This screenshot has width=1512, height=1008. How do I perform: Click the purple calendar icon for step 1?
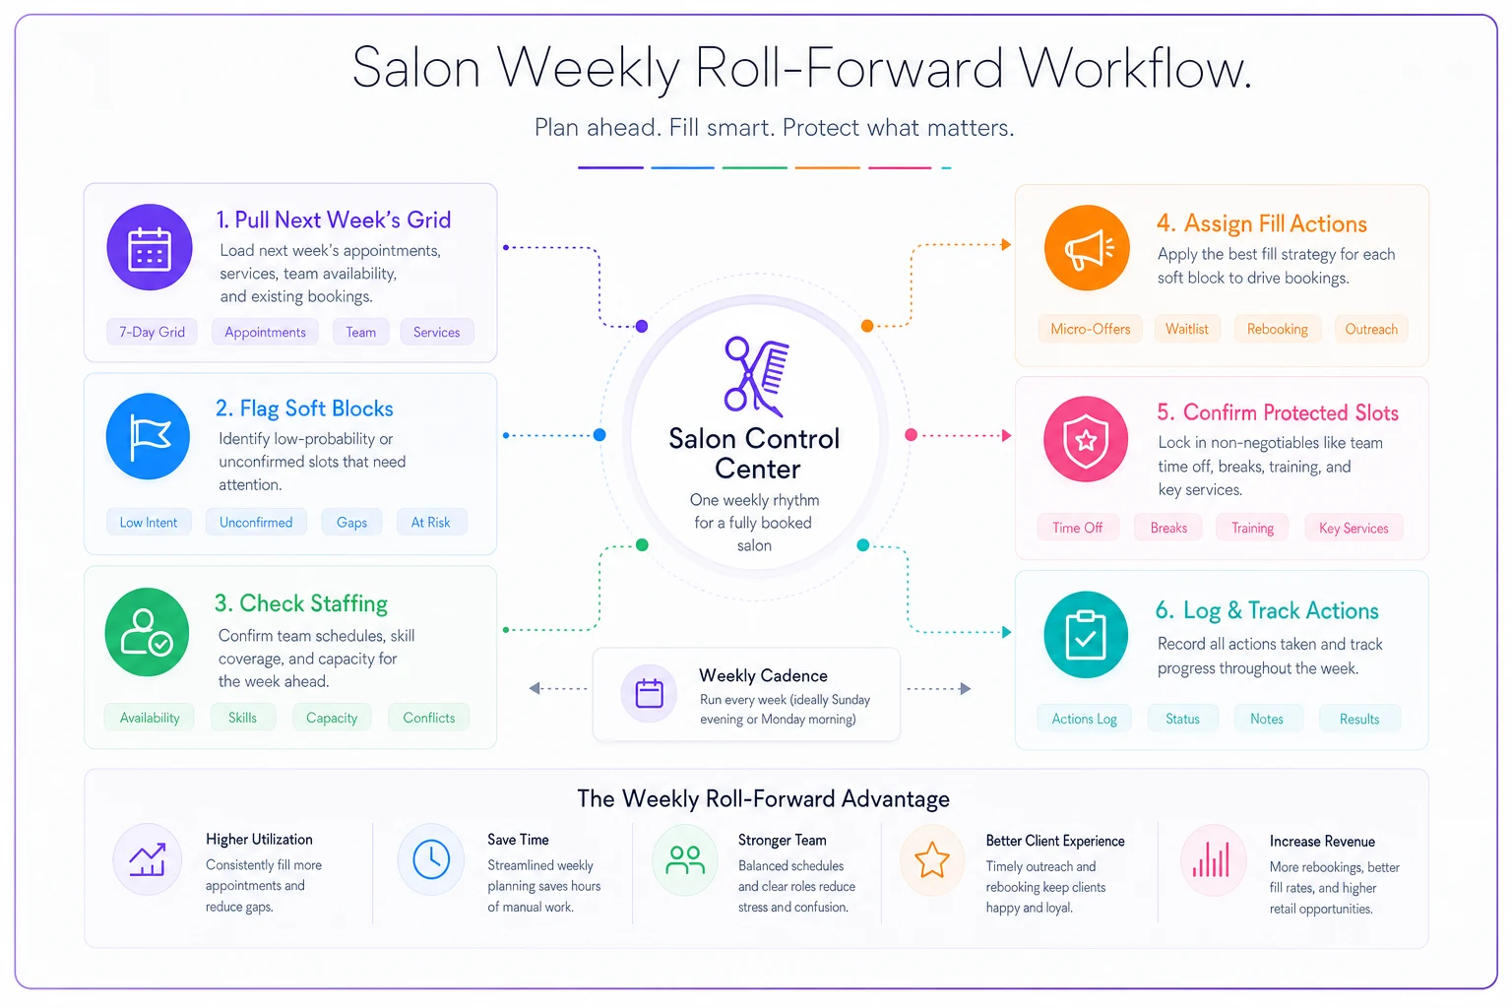coord(150,247)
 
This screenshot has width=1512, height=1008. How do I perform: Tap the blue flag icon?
coord(148,436)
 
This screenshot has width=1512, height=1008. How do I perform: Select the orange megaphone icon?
coord(1087,248)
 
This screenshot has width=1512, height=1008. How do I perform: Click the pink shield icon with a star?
coord(1086,439)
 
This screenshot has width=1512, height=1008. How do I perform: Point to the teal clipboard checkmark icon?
coord(1086,635)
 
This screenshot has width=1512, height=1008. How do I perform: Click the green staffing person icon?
coord(147,632)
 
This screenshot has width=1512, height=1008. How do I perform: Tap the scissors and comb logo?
coord(756,375)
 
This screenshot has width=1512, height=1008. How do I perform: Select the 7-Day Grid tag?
coord(152,332)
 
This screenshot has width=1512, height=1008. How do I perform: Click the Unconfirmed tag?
coord(256,523)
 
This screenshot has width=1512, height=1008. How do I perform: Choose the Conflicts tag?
coord(428,718)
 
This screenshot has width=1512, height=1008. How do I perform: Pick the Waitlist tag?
coord(1186,329)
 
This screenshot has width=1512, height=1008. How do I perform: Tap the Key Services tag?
coord(1354,528)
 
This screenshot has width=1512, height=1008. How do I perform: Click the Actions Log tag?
coord(1084,719)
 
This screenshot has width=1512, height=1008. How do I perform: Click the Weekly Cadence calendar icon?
coord(650,693)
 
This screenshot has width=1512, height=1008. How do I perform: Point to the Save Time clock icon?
coord(431,859)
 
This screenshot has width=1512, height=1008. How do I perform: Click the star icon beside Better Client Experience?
coord(931,859)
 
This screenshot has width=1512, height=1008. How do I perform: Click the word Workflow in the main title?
coord(1135,69)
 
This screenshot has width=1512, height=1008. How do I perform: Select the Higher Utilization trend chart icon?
coord(147,859)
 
